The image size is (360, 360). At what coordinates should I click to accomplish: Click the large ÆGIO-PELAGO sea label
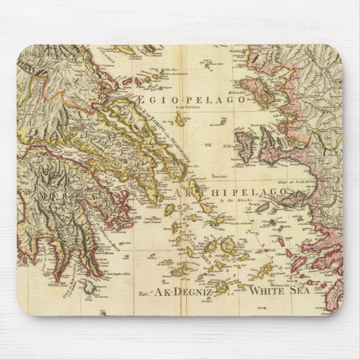191,100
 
